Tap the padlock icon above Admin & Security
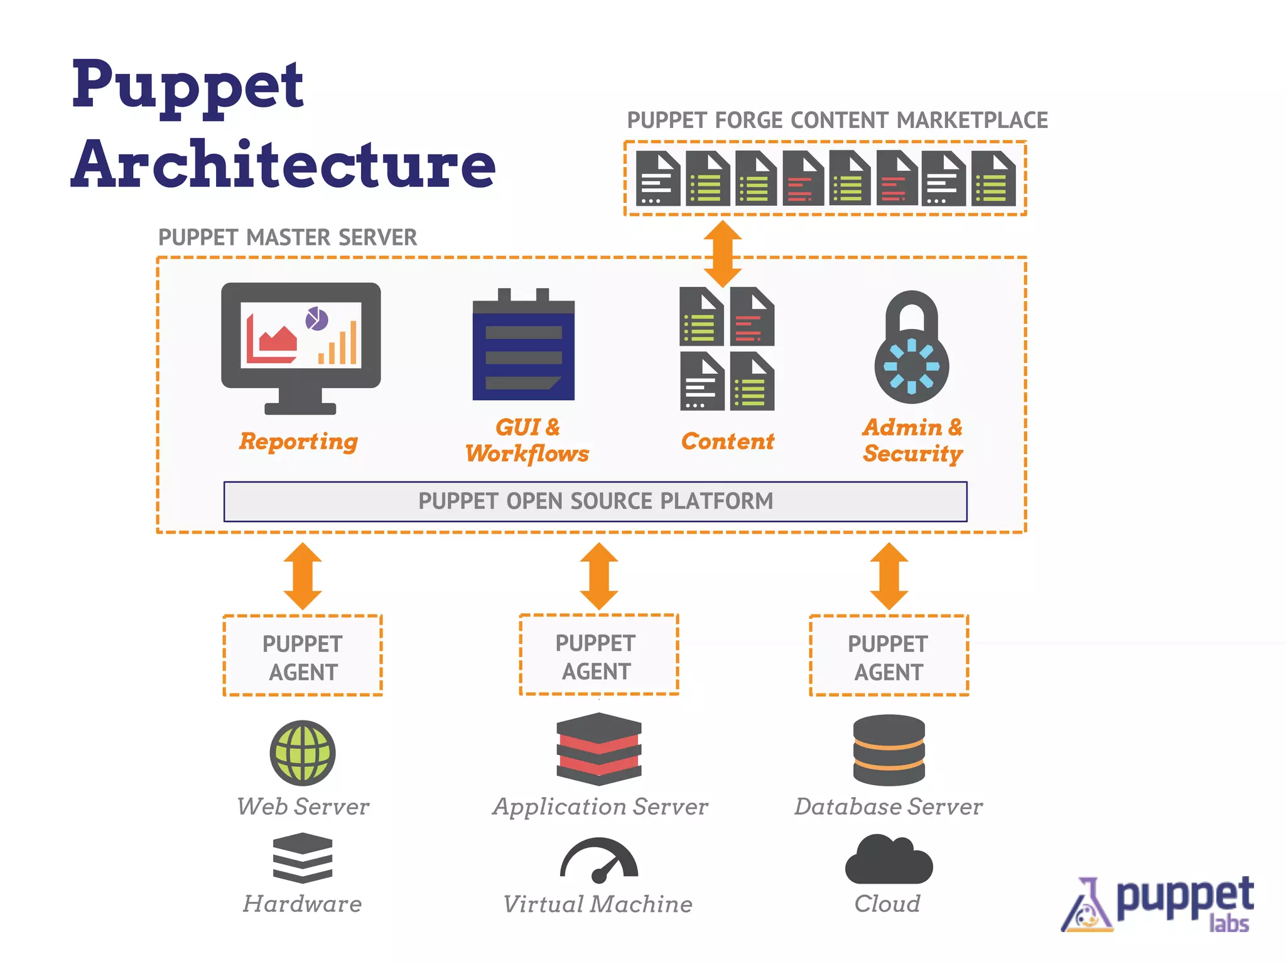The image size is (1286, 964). coord(912,348)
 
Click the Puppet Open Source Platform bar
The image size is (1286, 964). coord(595,501)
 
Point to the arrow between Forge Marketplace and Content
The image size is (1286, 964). coord(723,254)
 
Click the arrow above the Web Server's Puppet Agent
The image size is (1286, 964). coord(303,576)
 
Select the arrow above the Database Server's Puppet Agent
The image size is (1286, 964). coord(889,576)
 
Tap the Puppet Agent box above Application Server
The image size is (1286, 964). coord(599,656)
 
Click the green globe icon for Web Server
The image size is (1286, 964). coord(303,752)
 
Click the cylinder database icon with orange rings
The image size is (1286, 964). coord(889,750)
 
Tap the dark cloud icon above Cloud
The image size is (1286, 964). coord(889,861)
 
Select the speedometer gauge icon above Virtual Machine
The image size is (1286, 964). coord(599,860)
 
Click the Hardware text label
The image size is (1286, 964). coord(303,904)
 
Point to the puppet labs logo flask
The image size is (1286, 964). coord(1087,907)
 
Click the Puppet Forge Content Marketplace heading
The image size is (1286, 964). coord(837,120)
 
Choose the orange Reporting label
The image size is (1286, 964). coord(299,442)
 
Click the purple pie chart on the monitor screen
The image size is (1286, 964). coord(316,319)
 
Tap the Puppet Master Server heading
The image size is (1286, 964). coord(288,238)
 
